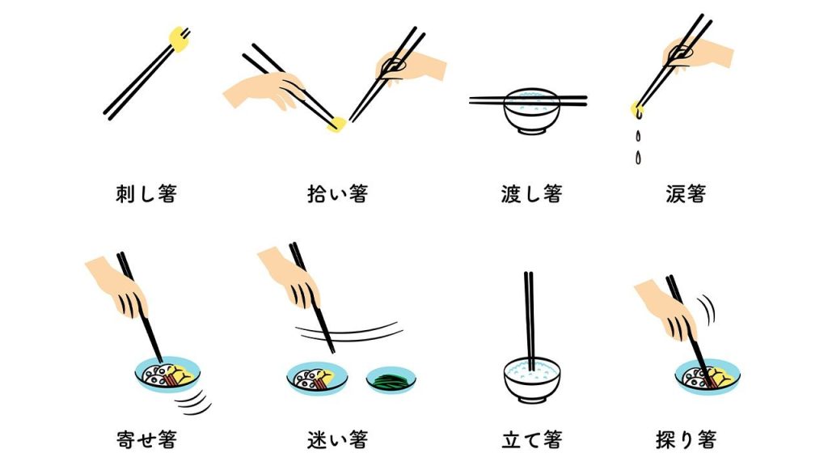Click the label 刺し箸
pos(146,194)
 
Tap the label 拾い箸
pos(338,194)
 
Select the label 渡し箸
pos(530,194)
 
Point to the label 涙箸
pos(686,194)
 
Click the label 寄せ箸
pos(146,440)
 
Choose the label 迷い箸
pos(338,440)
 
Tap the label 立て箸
pos(530,440)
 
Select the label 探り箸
pos(686,440)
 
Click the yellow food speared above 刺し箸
pos(177,39)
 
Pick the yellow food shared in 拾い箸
pos(336,124)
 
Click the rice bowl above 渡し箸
pos(530,113)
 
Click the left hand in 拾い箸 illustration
pos(263,89)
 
